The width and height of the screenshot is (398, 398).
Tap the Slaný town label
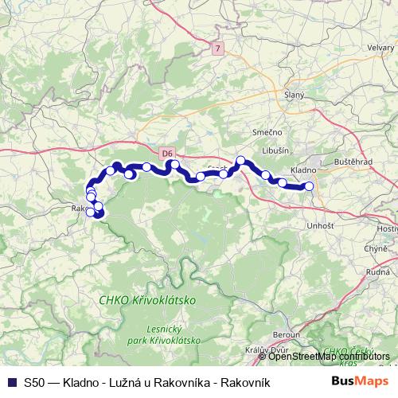click(x=295, y=95)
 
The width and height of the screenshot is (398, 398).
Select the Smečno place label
click(x=266, y=131)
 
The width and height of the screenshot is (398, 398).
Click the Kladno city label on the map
click(x=304, y=170)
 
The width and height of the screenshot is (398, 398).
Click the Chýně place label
click(x=375, y=249)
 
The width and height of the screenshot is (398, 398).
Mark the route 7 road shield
click(x=217, y=49)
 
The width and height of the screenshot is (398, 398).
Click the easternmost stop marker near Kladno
click(x=309, y=187)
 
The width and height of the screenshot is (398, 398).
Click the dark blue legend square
click(x=11, y=382)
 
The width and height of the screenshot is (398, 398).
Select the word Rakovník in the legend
click(x=247, y=382)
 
